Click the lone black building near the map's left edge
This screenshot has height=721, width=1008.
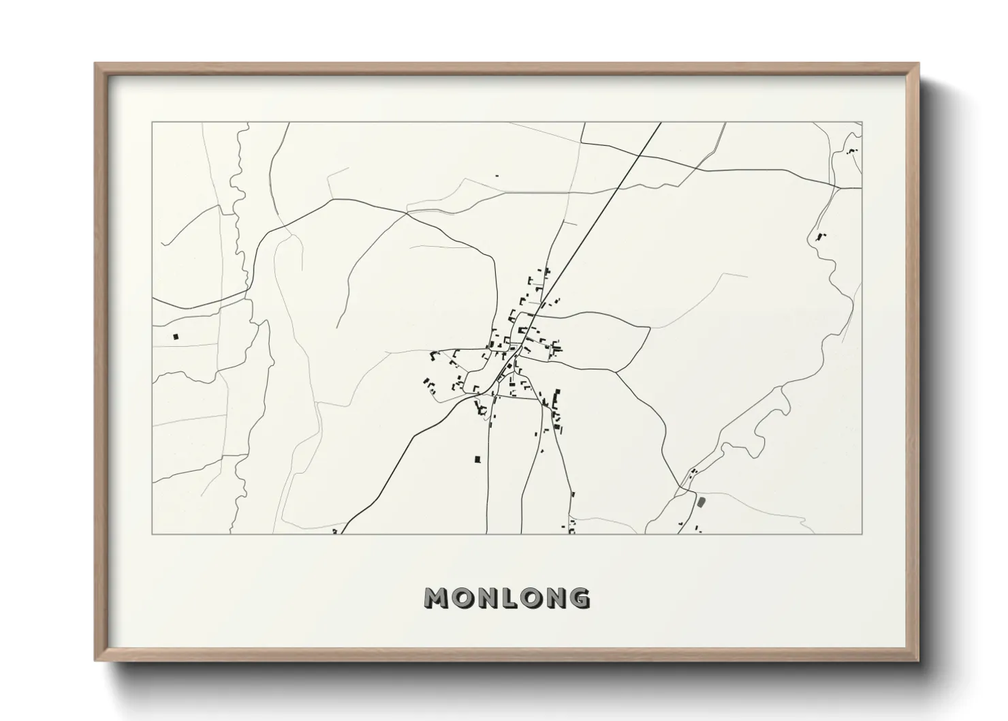(176, 336)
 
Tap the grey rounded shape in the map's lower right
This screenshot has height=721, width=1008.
(700, 502)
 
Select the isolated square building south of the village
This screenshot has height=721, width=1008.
(477, 459)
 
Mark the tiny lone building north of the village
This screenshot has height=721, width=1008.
(497, 176)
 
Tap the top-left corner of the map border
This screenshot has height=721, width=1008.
(152, 123)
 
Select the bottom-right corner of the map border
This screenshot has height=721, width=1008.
(862, 534)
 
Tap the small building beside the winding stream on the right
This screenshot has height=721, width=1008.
(819, 237)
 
